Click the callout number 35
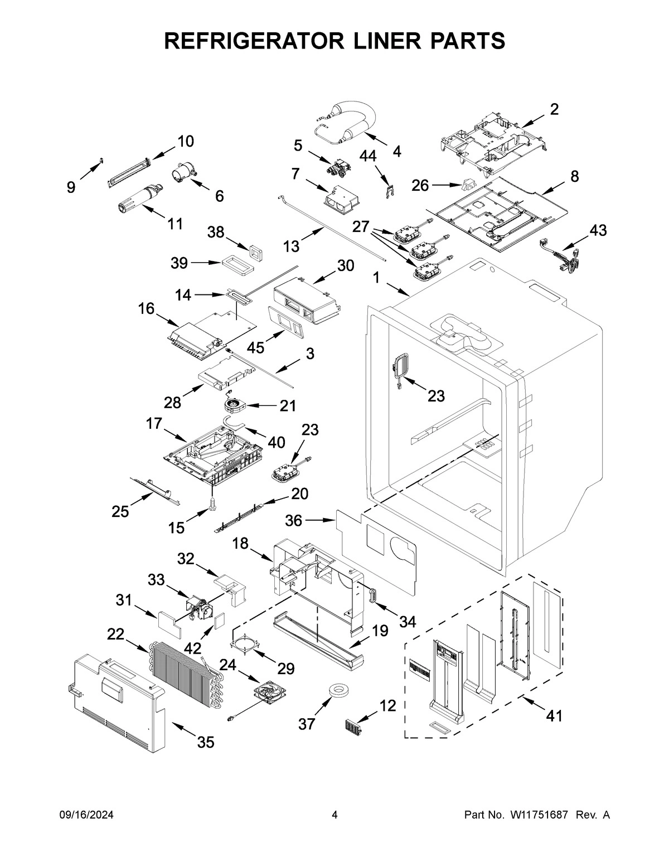206,742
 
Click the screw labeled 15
212,504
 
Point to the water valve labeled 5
337,167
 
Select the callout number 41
554,715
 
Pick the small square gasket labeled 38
256,252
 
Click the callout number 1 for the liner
376,277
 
